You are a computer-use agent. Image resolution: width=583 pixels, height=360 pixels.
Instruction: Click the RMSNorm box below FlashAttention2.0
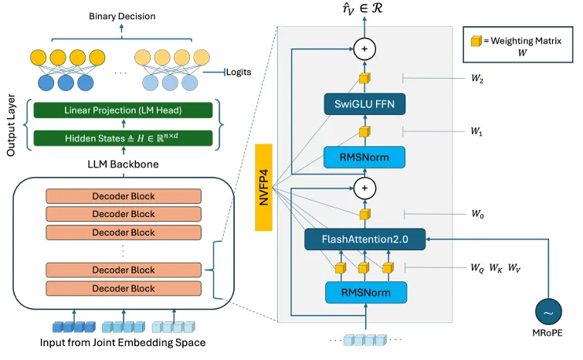(364, 293)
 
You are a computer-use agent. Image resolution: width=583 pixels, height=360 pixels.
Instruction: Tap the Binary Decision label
(122, 16)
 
